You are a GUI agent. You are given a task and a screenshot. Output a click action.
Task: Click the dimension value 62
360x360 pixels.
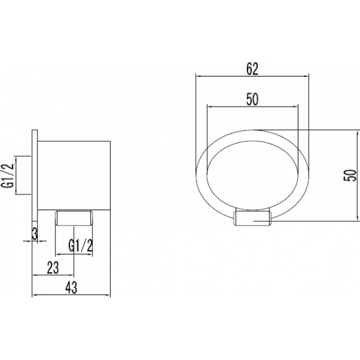(x=252, y=67)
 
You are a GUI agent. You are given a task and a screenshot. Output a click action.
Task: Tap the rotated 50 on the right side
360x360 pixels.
(x=350, y=175)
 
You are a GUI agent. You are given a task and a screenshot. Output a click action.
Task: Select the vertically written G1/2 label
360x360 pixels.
(x=9, y=175)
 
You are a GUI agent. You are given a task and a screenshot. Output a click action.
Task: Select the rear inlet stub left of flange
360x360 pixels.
(x=25, y=175)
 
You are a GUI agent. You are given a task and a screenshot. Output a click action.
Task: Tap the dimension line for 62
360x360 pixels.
(x=252, y=76)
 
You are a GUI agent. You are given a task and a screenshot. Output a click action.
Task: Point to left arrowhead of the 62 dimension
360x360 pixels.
(x=198, y=76)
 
